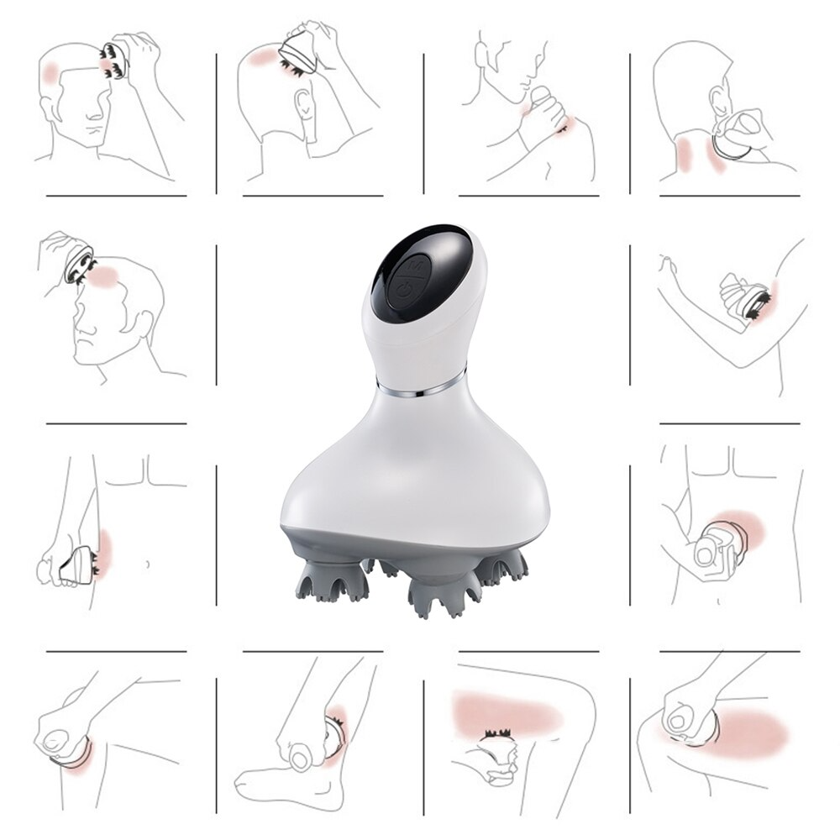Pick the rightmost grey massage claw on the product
click(x=502, y=566)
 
